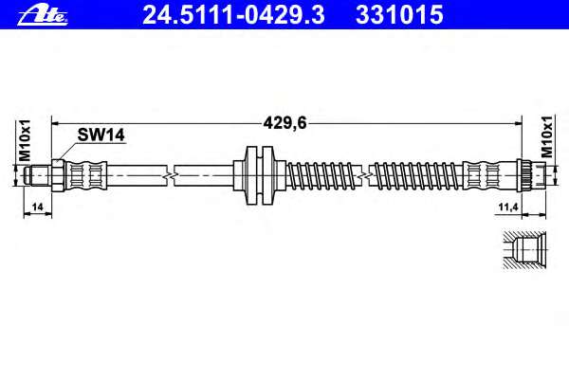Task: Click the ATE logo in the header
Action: (43, 15)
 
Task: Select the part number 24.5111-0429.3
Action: (233, 15)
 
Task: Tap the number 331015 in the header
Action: (399, 15)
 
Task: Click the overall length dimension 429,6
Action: (284, 124)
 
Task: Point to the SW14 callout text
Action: (101, 135)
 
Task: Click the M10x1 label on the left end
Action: (25, 140)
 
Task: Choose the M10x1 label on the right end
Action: (547, 136)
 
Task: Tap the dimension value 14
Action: (37, 208)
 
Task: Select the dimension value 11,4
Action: (507, 208)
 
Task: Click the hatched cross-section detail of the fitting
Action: (524, 250)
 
